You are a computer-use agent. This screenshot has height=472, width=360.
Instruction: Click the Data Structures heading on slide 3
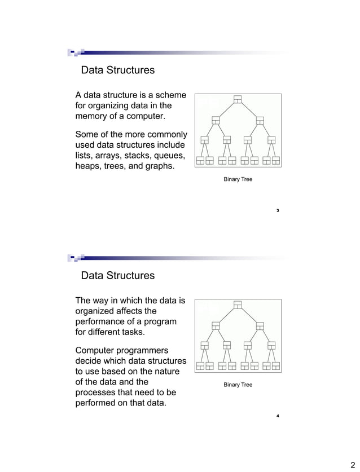pos(117,70)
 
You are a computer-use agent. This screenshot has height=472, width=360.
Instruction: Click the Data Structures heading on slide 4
pos(117,276)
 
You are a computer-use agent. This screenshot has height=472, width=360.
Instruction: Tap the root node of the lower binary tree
pos(238,305)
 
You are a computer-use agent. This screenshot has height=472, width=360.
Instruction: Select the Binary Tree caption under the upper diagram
pos(238,179)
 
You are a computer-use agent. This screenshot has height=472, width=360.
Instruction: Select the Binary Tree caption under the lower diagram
pos(238,385)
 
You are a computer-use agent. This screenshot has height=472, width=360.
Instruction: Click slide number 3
pos(278,210)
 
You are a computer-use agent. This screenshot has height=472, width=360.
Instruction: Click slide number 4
pos(278,416)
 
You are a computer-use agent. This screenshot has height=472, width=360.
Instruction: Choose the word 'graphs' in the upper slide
pos(156,166)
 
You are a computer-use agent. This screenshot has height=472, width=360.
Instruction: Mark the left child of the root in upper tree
pos(216,120)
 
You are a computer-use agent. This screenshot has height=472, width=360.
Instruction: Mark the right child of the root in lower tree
pos(260,325)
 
